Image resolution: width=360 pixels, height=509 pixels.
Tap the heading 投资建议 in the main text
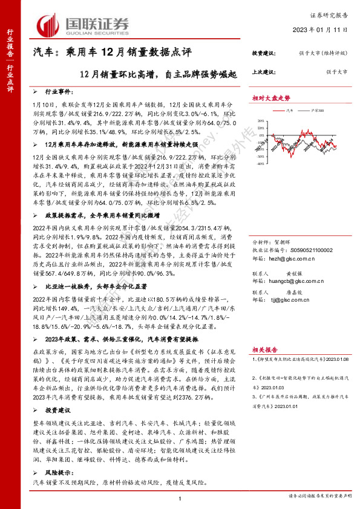click(58, 411)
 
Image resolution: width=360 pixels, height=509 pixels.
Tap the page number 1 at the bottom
click(180, 497)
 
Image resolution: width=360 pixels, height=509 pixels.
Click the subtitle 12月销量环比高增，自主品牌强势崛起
click(148, 74)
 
